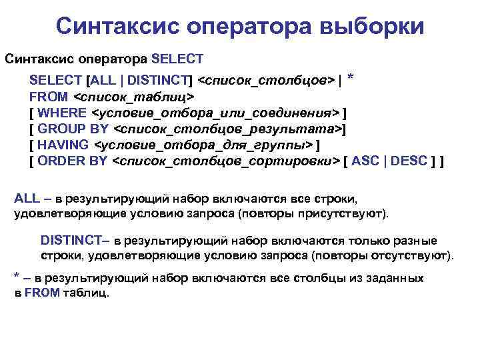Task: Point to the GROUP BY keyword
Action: pyautogui.click(x=75, y=129)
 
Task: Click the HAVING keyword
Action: pyautogui.click(x=63, y=145)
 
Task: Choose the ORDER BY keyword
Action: pyautogui.click(x=73, y=161)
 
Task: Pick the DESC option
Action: pyautogui.click(x=415, y=161)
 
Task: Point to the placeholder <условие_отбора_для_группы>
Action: pyautogui.click(x=204, y=145)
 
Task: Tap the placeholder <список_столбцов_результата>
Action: pyautogui.click(x=228, y=129)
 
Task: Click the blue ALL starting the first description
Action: pyautogui.click(x=27, y=199)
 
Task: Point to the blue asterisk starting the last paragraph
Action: pyautogui.click(x=17, y=276)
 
